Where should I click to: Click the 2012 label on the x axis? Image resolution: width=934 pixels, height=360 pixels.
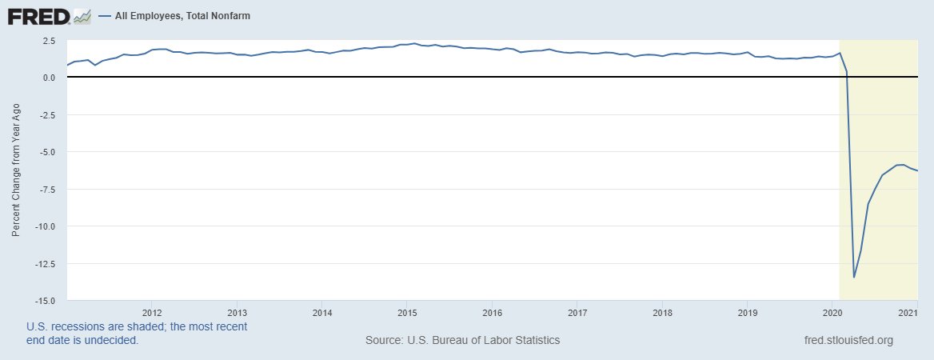pyautogui.click(x=152, y=312)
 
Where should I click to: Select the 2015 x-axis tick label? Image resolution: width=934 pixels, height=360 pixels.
pyautogui.click(x=407, y=312)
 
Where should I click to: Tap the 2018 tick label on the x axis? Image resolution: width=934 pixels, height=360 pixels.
pyautogui.click(x=661, y=312)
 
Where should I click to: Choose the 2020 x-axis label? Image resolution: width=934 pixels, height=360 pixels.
pyautogui.click(x=832, y=312)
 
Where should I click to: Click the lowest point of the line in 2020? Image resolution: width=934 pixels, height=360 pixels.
pyautogui.click(x=854, y=278)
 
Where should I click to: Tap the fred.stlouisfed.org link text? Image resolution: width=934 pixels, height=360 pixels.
pyautogui.click(x=848, y=340)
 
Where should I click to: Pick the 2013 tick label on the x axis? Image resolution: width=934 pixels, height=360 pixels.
pyautogui.click(x=237, y=312)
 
